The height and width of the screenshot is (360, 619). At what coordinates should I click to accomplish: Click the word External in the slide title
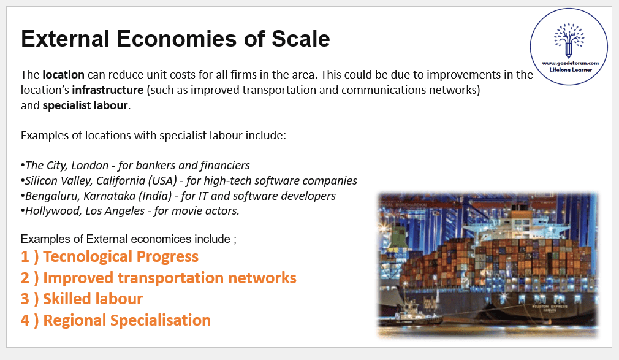point(65,39)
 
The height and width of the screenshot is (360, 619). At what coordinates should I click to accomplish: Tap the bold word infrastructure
point(107,90)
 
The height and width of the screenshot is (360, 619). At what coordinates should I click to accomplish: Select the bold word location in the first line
point(63,75)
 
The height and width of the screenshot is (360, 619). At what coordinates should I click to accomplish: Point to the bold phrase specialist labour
point(85,105)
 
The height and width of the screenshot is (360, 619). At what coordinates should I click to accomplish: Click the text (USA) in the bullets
point(162,180)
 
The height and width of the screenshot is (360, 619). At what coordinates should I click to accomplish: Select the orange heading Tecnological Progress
point(121,256)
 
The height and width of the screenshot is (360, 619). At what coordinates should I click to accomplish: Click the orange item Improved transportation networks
point(170,278)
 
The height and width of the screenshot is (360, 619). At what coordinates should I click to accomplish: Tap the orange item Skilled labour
point(93,299)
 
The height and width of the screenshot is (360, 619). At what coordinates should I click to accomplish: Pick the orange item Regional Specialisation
point(127,320)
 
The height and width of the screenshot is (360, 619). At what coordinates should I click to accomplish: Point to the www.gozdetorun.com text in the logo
point(571,63)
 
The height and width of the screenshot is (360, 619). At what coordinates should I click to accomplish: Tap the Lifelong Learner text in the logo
point(571,70)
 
